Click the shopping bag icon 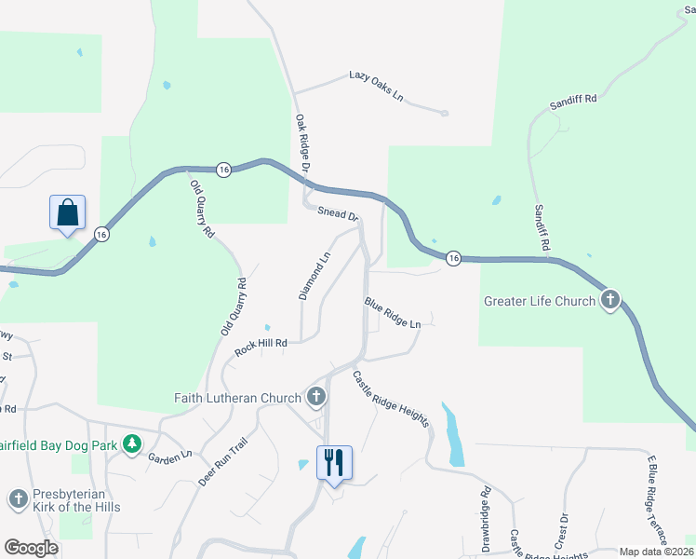coord(68,212)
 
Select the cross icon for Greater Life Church coord(610,300)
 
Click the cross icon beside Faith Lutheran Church coord(316,398)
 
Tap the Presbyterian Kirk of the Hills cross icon coord(18,499)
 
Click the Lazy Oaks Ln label coord(377,85)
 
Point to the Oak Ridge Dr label coord(302,143)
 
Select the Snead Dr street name coord(338,211)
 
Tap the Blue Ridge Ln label coord(393,312)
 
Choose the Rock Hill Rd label coord(261,347)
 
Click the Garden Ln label coord(169,455)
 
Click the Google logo coord(31,548)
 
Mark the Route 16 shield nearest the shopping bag coord(101,234)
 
